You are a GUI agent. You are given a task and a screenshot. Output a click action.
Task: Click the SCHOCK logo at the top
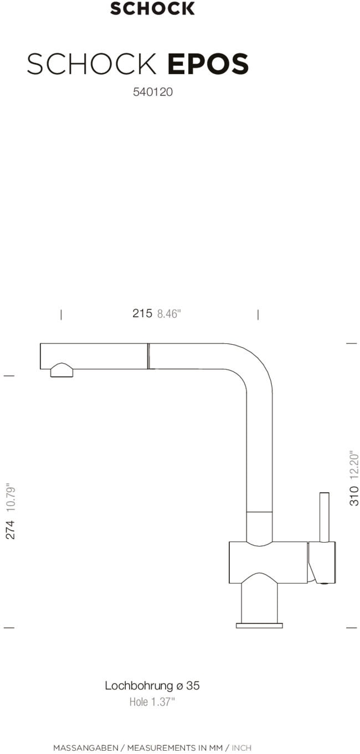coord(152,8)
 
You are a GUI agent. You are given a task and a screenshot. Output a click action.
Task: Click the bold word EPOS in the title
coord(208,65)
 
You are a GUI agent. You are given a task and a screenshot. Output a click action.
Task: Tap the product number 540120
coord(152,92)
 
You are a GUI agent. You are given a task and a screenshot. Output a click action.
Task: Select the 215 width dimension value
coord(142,313)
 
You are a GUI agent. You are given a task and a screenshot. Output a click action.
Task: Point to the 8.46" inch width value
coord(169,314)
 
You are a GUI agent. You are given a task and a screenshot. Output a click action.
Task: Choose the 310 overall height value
coord(354,495)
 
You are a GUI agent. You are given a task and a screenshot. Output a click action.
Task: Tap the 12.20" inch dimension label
coord(354,464)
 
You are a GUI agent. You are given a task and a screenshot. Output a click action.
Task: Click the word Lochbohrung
coord(138,685)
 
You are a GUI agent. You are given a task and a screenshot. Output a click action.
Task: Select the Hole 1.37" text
coord(152,702)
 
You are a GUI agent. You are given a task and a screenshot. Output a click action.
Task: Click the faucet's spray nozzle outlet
coord(61,371)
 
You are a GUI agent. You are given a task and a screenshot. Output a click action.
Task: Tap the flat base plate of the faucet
coord(259,626)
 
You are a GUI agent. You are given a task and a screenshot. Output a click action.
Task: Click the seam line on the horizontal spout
coord(148,356)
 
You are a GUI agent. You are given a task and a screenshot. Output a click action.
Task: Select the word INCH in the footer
coord(241,748)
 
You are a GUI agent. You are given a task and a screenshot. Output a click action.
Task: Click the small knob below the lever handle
coord(326,582)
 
